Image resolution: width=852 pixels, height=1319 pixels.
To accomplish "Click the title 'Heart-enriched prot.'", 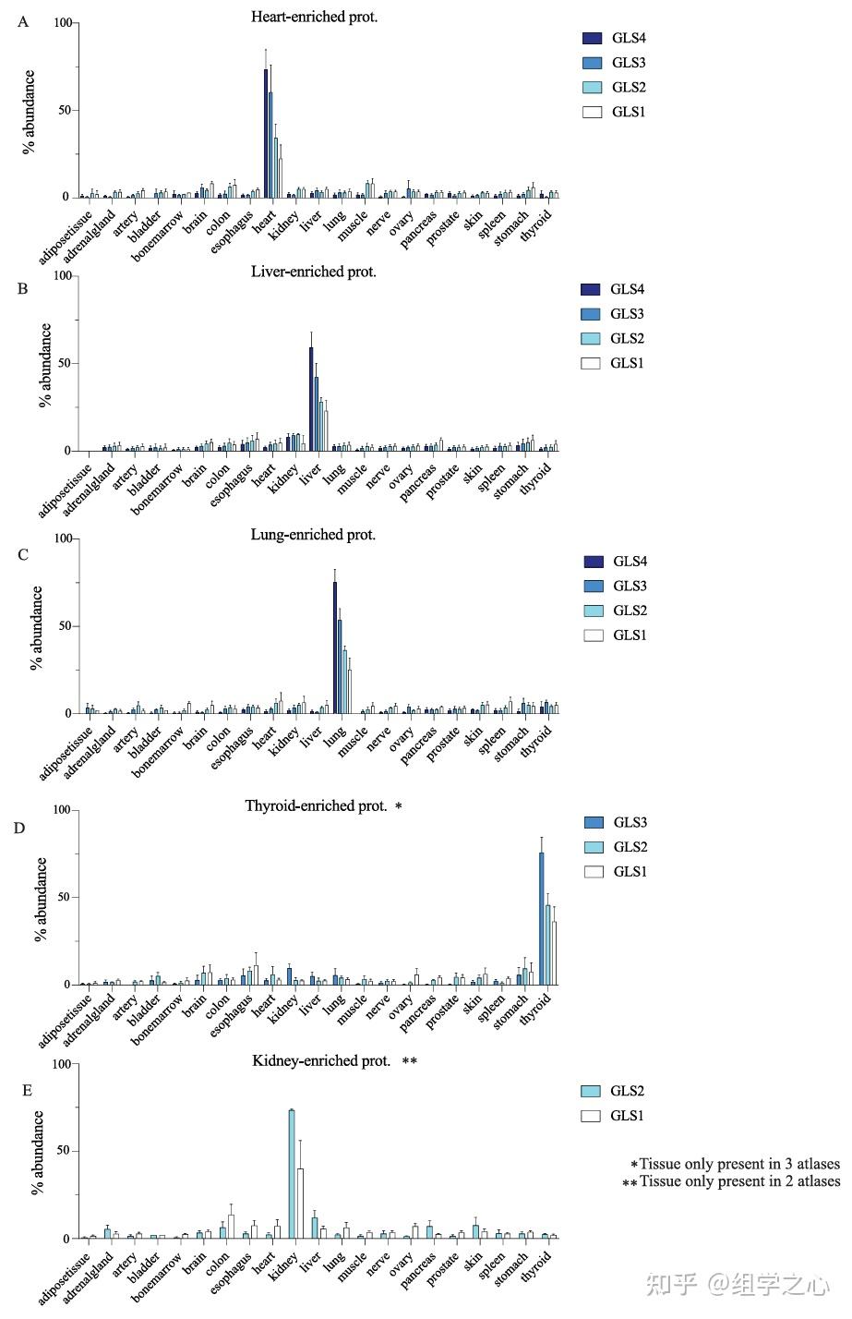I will (x=314, y=17).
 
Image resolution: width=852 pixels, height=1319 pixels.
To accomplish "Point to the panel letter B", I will (x=23, y=289).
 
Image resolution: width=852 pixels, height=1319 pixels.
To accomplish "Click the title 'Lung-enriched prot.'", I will (x=313, y=535).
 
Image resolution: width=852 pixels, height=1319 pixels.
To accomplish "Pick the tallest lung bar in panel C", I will (x=335, y=647).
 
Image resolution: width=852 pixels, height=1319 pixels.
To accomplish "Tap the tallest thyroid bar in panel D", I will (x=542, y=918).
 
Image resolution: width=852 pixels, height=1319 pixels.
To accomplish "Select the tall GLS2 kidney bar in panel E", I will (x=292, y=1174).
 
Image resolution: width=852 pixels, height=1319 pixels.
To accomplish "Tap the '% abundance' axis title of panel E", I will (x=38, y=1152).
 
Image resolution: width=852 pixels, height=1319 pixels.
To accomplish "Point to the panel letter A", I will (x=23, y=22).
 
